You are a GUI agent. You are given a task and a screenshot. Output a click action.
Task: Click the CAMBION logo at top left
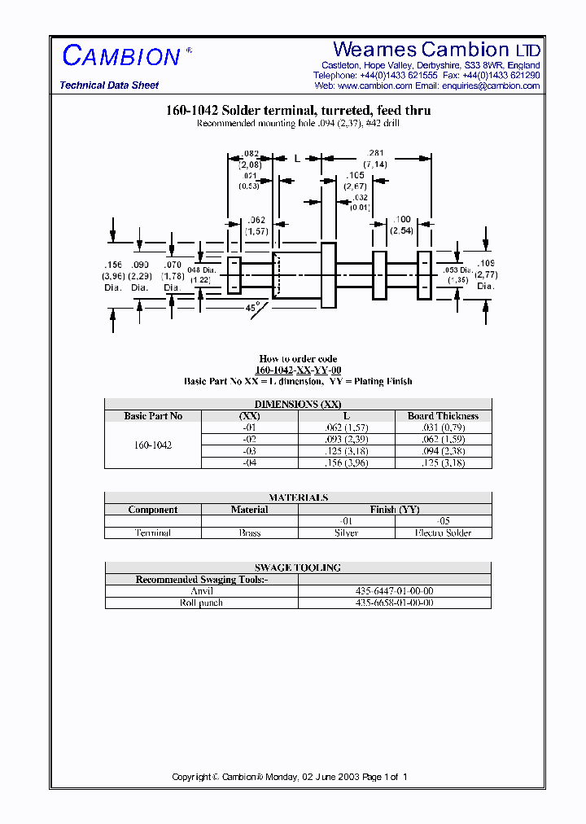click(121, 56)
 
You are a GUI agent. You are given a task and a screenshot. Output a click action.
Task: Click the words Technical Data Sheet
click(109, 85)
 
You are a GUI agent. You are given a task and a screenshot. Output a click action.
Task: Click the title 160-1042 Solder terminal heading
click(297, 110)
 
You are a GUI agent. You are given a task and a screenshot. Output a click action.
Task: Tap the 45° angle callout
click(252, 308)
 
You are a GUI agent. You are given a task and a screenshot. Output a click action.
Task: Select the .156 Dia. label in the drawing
click(113, 276)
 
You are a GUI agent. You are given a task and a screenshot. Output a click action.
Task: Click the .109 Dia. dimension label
click(486, 274)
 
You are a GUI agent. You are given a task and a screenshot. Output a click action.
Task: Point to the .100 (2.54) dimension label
click(402, 226)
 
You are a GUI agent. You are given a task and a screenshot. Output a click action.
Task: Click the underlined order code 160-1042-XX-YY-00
click(298, 370)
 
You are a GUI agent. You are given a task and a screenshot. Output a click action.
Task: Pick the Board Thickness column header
click(443, 416)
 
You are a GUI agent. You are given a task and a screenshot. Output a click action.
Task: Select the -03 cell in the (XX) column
click(249, 451)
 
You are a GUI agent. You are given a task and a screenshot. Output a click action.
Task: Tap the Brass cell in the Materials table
click(249, 533)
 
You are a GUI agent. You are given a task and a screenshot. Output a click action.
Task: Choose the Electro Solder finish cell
click(443, 533)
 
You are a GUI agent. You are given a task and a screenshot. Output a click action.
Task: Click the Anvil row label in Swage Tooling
click(201, 591)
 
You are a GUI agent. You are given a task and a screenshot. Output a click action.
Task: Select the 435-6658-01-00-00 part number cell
click(395, 603)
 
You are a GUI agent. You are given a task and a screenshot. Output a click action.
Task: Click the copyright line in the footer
click(290, 777)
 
